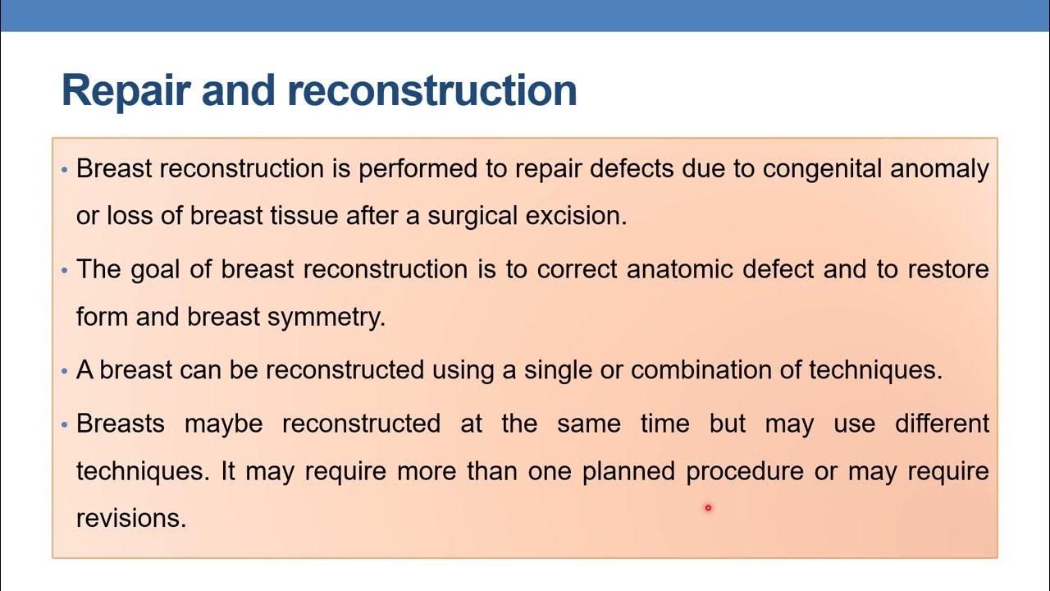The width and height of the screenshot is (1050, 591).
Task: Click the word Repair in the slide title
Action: click(x=126, y=90)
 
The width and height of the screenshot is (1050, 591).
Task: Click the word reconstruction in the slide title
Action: click(x=443, y=90)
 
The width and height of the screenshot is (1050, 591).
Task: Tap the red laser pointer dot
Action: click(x=708, y=508)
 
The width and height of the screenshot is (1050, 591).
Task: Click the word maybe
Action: click(x=223, y=424)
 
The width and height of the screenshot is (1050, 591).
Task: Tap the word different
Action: click(x=942, y=424)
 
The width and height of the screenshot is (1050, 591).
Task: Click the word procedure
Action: click(x=745, y=472)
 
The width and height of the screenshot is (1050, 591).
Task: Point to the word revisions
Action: click(x=131, y=519)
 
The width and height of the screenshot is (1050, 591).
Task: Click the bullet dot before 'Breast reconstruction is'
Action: click(x=65, y=170)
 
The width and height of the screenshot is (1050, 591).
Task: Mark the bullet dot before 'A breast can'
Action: click(x=65, y=371)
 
